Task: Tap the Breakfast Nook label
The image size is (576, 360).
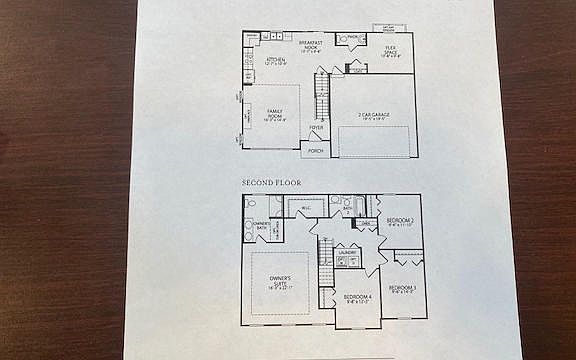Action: click(x=311, y=46)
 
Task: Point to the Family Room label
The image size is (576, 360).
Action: click(x=275, y=115)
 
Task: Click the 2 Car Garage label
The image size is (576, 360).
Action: click(x=374, y=115)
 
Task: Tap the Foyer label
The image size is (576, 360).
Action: click(x=316, y=128)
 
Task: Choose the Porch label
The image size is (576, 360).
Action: click(x=315, y=150)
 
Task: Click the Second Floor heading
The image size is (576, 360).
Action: click(x=271, y=183)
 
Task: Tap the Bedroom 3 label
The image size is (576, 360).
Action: click(x=403, y=289)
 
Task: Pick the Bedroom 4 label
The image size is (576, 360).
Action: click(x=357, y=298)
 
